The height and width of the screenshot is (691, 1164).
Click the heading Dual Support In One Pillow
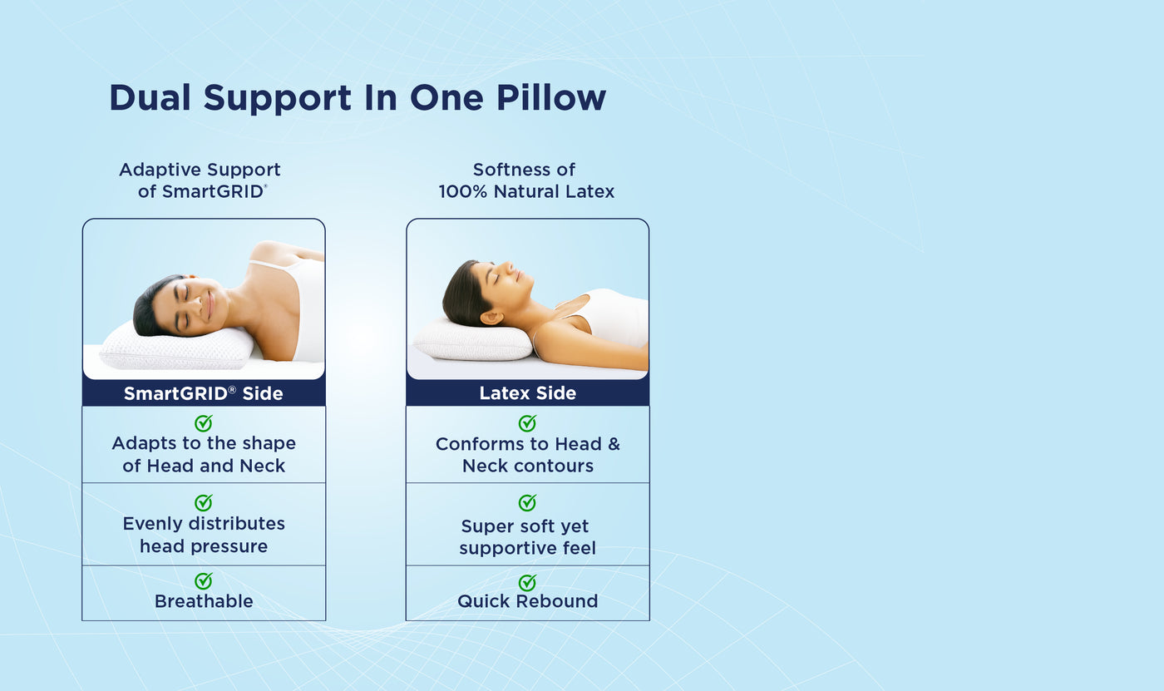click(358, 98)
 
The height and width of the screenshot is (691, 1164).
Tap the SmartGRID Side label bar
click(204, 393)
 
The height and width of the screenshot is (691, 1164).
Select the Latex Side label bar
click(527, 393)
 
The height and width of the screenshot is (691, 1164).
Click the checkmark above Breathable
click(204, 580)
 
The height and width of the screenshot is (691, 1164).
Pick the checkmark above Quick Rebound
click(527, 582)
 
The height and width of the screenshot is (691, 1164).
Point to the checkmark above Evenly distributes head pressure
click(204, 502)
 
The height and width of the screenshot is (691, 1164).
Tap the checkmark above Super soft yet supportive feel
click(527, 502)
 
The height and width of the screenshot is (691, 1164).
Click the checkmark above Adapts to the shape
click(204, 423)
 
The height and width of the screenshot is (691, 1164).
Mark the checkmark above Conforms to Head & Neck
click(527, 423)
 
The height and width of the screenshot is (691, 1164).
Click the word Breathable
click(204, 601)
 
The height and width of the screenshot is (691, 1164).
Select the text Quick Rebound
click(527, 601)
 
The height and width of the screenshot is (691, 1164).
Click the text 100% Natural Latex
click(526, 192)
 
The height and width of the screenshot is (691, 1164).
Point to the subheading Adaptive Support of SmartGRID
click(200, 180)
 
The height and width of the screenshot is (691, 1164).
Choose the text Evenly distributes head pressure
click(204, 535)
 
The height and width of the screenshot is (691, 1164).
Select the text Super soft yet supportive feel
click(527, 537)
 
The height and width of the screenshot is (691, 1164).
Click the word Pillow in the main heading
click(551, 98)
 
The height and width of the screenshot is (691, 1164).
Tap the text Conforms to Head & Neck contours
click(527, 455)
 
